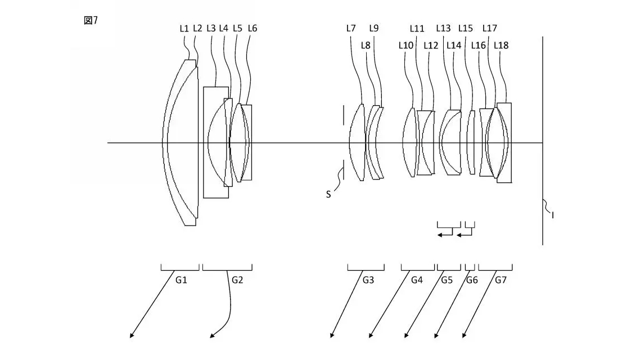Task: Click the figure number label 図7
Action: (91, 21)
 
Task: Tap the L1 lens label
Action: (184, 28)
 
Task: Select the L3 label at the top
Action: (211, 28)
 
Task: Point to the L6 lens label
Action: (252, 28)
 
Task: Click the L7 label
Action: (351, 28)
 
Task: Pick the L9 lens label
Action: (374, 28)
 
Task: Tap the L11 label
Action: (417, 28)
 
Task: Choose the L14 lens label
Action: (454, 45)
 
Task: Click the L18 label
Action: (501, 45)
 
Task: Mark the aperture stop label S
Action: (328, 195)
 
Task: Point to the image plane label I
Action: (552, 214)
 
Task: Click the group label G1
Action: (181, 280)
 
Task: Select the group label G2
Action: (237, 280)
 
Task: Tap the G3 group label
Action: (368, 280)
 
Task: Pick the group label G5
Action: (447, 280)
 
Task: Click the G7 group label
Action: (501, 280)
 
